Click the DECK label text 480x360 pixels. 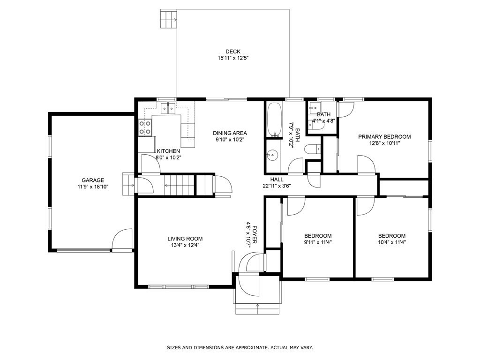(233, 52)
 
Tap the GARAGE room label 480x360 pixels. (93, 180)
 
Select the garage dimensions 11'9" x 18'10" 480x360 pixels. (93, 187)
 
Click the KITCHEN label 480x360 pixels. (168, 151)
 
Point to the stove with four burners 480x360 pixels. (145, 127)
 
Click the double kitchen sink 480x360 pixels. (167, 109)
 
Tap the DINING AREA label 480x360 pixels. (230, 133)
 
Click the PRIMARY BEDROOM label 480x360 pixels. (384, 137)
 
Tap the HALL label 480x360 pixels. (277, 179)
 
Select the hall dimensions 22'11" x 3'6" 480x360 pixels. (277, 186)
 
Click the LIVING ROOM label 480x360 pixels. (185, 239)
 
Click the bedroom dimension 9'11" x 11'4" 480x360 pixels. (318, 242)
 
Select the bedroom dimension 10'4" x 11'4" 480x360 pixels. (392, 242)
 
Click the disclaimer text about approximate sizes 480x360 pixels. (240, 348)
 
